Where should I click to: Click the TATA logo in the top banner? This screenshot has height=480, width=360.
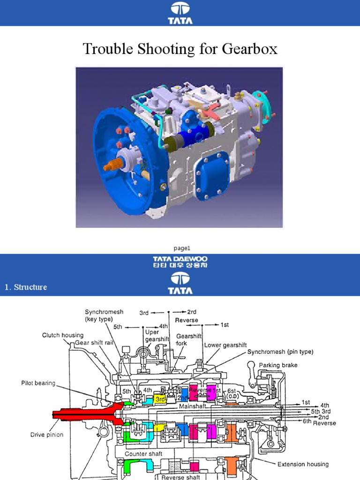(180, 13)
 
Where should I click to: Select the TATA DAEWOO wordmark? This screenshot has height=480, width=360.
(180, 259)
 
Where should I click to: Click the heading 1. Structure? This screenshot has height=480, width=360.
(26, 287)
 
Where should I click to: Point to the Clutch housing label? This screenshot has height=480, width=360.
(63, 335)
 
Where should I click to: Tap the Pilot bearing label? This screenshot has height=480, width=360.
(38, 383)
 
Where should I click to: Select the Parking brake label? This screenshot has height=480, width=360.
(278, 365)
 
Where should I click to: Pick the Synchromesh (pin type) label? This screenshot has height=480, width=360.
(280, 352)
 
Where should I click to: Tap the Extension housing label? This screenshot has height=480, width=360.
(303, 464)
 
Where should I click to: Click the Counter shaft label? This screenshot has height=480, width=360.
(143, 454)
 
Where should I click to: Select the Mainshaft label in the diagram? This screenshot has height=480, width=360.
(192, 406)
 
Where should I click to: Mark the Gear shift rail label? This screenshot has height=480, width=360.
(95, 343)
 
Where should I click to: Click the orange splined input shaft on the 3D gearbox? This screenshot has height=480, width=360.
(116, 165)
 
